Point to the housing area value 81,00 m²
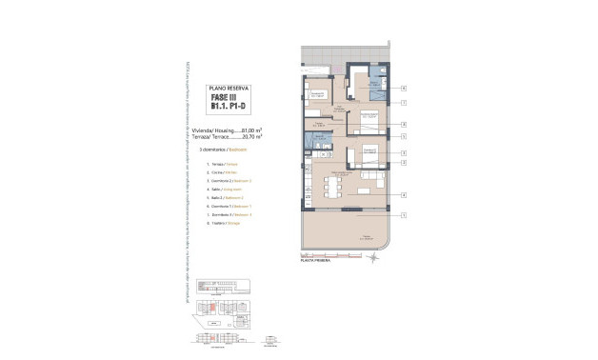tap(248, 130)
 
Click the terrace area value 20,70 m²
tap(248, 137)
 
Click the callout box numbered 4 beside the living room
tap(404, 195)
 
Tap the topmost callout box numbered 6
tap(404, 88)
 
